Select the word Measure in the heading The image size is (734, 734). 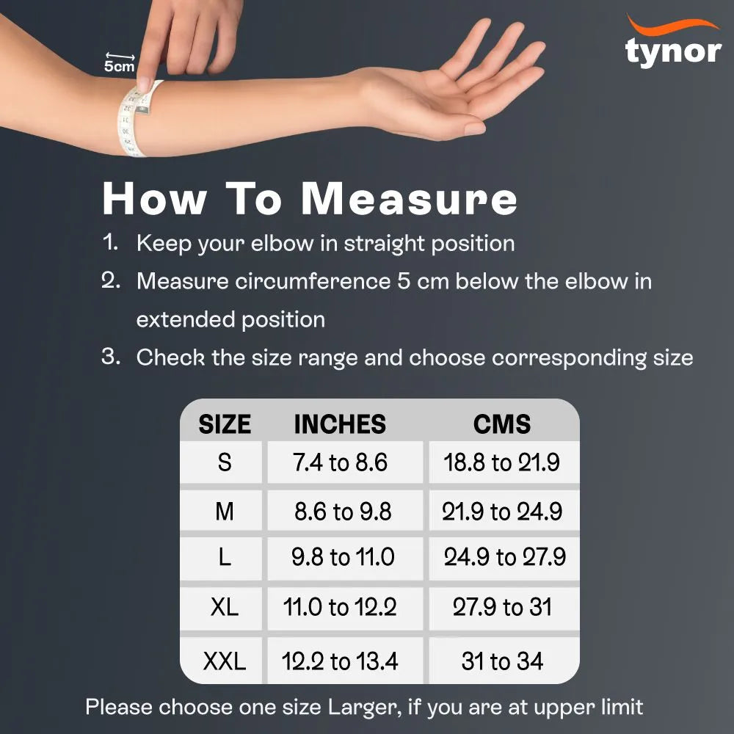coord(410,198)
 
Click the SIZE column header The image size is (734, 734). coord(225,424)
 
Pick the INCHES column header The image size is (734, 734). coord(340,424)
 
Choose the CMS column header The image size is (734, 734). coord(502,424)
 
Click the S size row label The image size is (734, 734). coord(225,462)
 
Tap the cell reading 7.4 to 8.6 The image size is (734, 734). coord(340,463)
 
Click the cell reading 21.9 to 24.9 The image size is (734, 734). coord(502,512)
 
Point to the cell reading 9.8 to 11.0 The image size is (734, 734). coord(343,558)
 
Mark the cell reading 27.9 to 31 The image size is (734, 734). coord(502,608)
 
